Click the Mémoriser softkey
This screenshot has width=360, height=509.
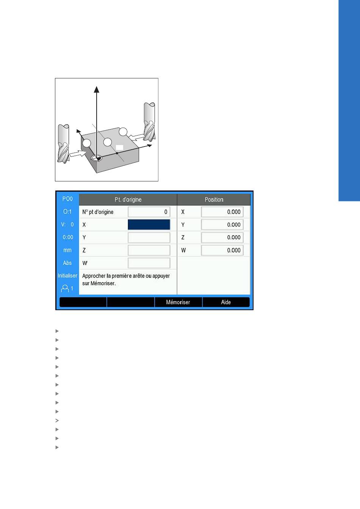(178, 302)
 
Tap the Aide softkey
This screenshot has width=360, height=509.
(226, 302)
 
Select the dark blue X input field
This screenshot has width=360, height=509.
(149, 225)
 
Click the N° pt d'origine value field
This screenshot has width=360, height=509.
(149, 212)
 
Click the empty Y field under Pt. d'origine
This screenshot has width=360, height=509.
(149, 237)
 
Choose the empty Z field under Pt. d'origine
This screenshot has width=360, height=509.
(149, 250)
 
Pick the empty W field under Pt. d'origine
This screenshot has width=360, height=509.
(149, 263)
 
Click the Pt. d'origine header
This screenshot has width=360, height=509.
(128, 200)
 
